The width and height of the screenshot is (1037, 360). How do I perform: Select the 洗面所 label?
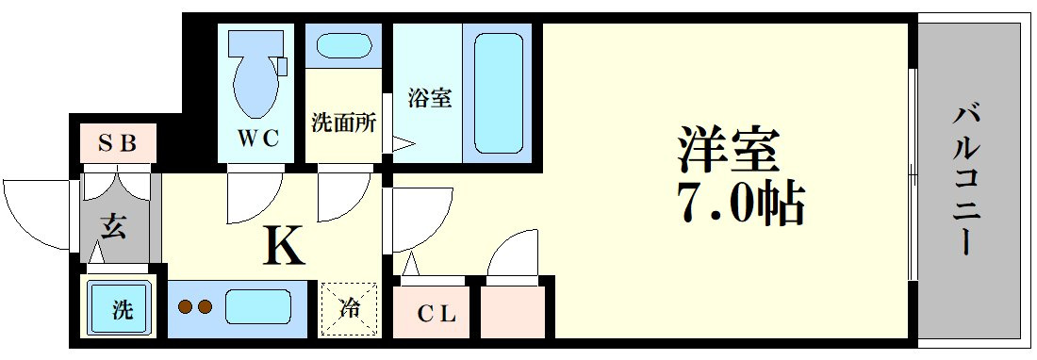coord(343,123)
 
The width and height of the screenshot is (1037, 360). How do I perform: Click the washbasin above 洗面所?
coord(343,45)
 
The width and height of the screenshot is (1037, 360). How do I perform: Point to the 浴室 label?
coord(429,99)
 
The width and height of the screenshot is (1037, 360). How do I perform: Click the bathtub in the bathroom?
coord(498,91)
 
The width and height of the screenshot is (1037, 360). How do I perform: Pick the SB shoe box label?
coord(118,142)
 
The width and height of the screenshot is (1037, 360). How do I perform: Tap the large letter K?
coord(284,245)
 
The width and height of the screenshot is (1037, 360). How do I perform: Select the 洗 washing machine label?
coord(122,309)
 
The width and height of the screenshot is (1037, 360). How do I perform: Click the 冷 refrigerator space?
coord(349,309)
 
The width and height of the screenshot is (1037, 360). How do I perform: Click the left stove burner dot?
coord(186,306)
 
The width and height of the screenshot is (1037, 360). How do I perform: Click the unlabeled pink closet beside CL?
coord(512,312)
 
